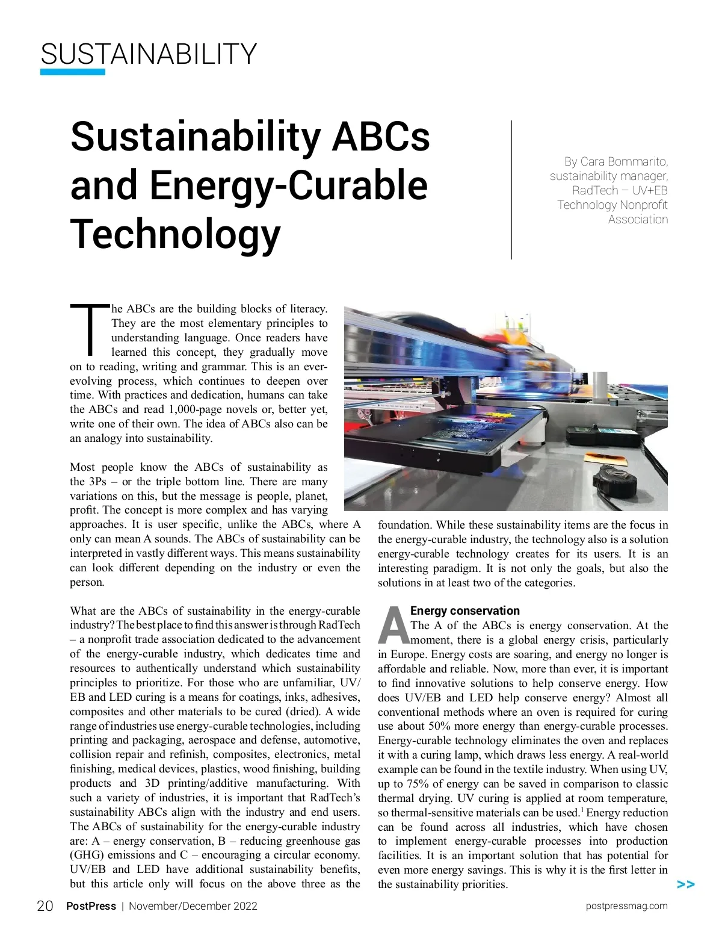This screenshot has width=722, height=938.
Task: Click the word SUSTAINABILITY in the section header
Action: point(149,54)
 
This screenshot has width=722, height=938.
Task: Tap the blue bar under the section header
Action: point(72,72)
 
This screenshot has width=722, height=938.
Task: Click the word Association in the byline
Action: point(638,219)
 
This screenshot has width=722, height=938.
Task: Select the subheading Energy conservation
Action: point(464,610)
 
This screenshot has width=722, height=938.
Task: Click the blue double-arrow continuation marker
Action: point(685,884)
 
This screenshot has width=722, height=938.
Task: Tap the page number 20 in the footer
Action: point(45,906)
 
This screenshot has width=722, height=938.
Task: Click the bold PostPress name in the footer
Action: point(91,906)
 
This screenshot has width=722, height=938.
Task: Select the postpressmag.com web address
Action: point(626,906)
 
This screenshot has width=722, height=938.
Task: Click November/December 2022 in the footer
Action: point(193,906)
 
